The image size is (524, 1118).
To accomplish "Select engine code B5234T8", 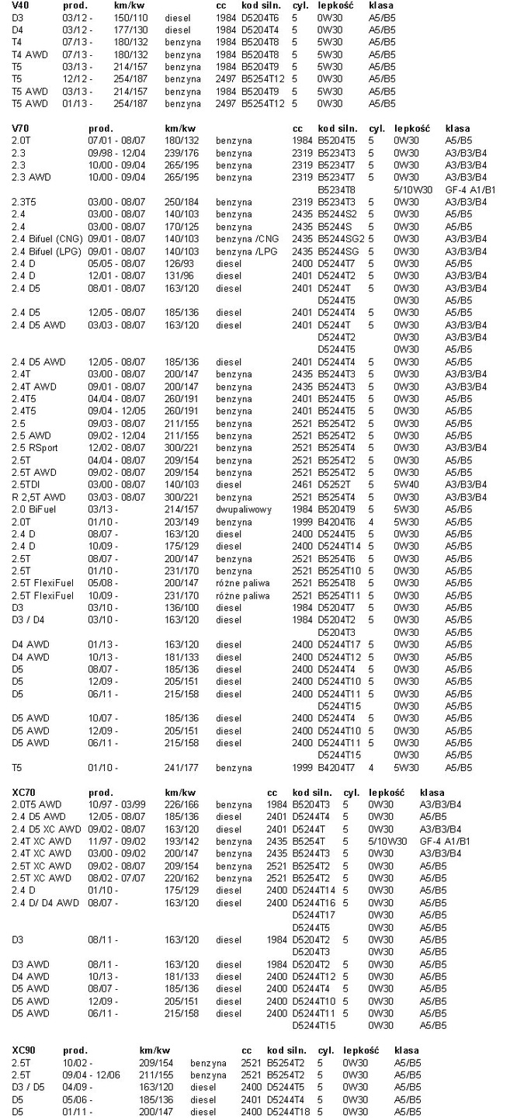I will (336, 189).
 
